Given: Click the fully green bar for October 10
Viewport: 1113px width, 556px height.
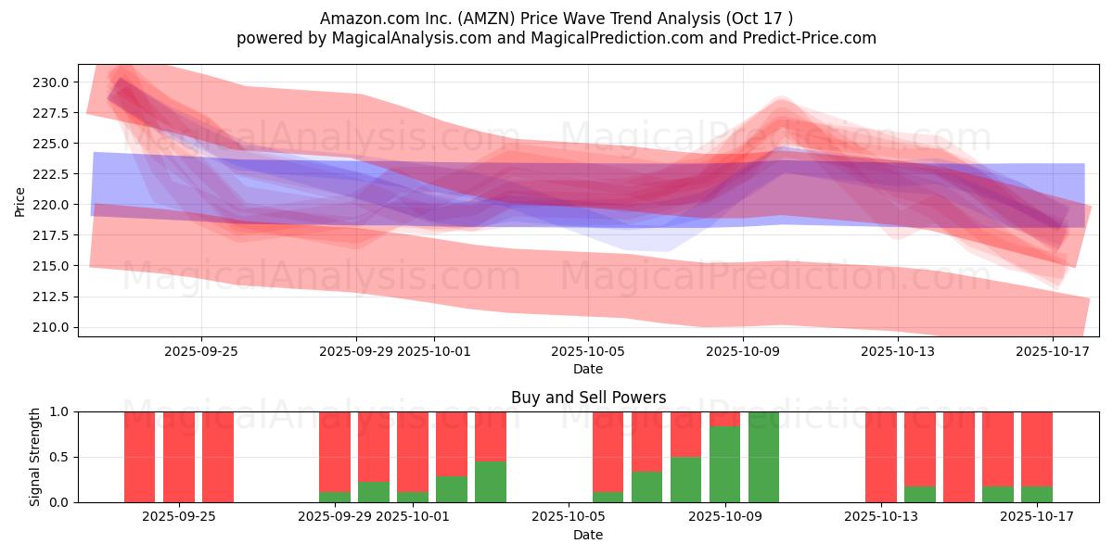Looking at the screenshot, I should [x=763, y=457].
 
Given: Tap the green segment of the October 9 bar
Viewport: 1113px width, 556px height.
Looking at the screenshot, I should [x=724, y=464].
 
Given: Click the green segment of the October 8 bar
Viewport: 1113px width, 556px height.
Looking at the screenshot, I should [x=685, y=479].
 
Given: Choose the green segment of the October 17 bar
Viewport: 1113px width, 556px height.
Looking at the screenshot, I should [x=1036, y=494].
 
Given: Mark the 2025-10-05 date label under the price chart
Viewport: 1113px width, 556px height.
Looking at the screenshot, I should [x=587, y=351].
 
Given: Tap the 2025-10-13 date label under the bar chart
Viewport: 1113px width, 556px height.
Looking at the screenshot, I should [x=880, y=517].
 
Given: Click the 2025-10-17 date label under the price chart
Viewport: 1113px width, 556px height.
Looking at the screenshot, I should [x=1052, y=351].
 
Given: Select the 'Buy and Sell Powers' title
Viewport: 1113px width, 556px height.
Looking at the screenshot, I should [x=588, y=398].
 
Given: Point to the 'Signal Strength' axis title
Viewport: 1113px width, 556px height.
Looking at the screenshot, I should [x=35, y=457].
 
